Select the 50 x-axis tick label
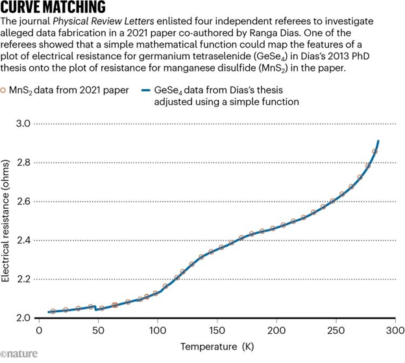click(x=97, y=331)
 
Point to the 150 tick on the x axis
click(x=217, y=331)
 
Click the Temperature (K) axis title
click(x=217, y=347)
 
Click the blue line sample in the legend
click(x=147, y=90)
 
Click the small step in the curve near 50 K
click(x=96, y=308)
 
